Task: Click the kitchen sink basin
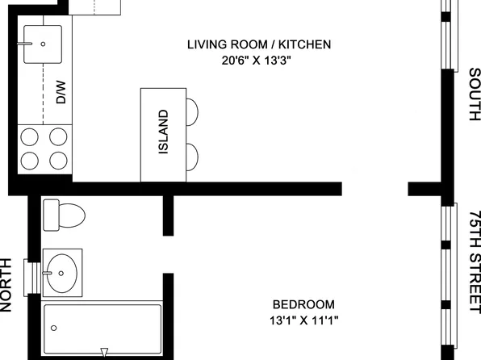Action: [x=43, y=44]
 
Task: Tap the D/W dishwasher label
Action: [x=60, y=96]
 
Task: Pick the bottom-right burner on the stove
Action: [x=58, y=159]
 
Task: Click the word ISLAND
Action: [x=162, y=133]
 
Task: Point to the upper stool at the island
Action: [x=193, y=110]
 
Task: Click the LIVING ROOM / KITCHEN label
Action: [x=258, y=44]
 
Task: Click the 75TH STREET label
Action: [x=474, y=259]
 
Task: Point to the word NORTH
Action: [x=6, y=284]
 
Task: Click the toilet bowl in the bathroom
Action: [x=73, y=216]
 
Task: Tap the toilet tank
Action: [x=49, y=216]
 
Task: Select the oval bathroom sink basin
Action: [x=62, y=272]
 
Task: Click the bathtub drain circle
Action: [x=54, y=329]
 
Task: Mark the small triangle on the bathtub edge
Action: [x=104, y=351]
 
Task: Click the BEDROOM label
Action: [x=303, y=304]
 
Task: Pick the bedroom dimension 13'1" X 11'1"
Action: [x=303, y=320]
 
